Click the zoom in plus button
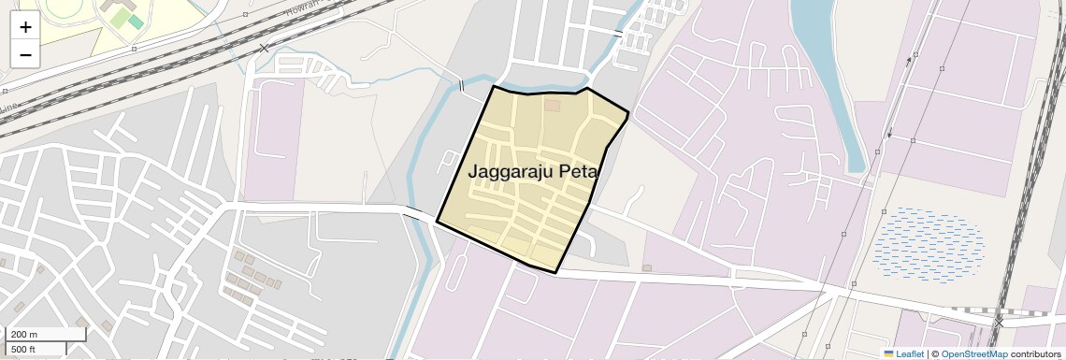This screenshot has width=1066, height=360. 25,27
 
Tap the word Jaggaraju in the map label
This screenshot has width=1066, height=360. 511,172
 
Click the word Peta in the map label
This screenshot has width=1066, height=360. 578,172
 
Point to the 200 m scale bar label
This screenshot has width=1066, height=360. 24,334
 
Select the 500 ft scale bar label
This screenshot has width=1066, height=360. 23,349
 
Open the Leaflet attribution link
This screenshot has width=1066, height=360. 910,353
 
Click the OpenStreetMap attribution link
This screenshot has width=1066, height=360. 973,353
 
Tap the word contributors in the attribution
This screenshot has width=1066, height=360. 1035,353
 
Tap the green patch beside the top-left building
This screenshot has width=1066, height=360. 136,21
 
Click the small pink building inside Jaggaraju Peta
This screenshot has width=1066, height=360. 553,105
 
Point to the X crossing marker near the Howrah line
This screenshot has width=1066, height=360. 264,48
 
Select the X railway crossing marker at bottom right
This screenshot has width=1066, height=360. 999,321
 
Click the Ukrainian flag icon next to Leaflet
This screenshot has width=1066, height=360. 888,353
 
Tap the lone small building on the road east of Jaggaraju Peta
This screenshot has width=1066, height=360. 647,267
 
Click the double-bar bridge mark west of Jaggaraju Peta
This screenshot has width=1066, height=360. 460,86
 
